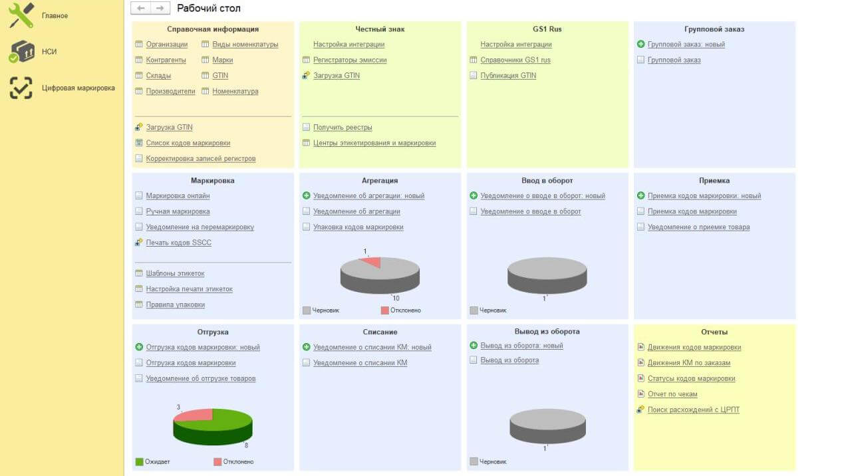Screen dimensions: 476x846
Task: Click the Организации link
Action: click(166, 45)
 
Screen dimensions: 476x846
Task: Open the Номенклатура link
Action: click(235, 91)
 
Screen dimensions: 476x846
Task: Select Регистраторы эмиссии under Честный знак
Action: click(350, 60)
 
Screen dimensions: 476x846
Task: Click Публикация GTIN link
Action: click(508, 75)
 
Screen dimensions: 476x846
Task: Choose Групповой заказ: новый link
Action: click(686, 45)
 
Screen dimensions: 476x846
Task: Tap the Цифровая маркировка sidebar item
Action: click(78, 88)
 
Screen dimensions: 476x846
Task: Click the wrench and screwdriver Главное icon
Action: click(21, 15)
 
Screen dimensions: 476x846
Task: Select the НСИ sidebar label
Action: click(49, 51)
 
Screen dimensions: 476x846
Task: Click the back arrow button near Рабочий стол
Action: click(140, 8)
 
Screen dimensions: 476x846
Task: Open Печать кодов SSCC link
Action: click(178, 243)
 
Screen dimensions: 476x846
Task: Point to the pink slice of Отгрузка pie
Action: click(195, 415)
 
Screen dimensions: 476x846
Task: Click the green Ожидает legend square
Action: click(139, 461)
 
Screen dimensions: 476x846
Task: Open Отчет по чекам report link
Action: click(672, 394)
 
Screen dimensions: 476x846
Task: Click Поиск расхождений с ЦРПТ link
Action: click(693, 410)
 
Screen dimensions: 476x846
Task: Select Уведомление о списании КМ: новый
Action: click(372, 347)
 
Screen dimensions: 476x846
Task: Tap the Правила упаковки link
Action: click(175, 304)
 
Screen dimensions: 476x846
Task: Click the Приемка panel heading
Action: click(714, 180)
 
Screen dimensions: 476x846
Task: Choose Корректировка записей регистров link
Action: click(200, 158)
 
